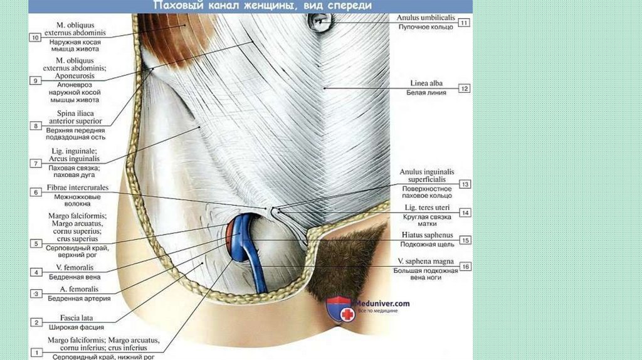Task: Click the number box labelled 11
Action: pyautogui.click(x=464, y=23)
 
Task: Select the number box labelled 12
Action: pyautogui.click(x=464, y=89)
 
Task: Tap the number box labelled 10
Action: pyautogui.click(x=35, y=38)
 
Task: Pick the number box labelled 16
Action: pyautogui.click(x=464, y=266)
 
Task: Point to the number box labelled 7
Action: pyautogui.click(x=35, y=163)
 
